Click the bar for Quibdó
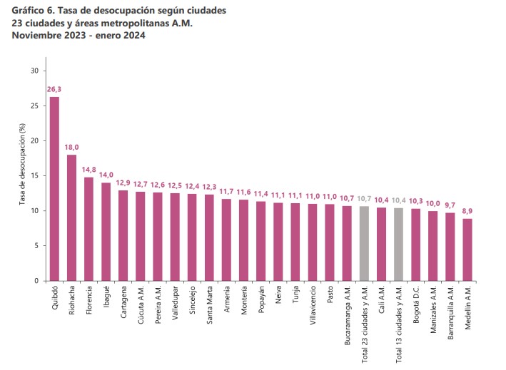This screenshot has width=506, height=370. tap(54, 189)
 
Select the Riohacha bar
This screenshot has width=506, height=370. tap(71, 217)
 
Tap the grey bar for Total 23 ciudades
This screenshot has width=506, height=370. tap(364, 243)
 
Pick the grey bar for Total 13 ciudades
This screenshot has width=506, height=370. tap(398, 245)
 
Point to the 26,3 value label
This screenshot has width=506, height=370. tap(54, 89)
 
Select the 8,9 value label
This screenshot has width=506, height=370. tap(467, 211)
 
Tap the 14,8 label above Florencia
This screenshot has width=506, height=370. tap(88, 170)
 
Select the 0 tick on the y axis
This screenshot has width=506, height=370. tap(36, 281)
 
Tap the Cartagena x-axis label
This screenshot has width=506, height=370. tap(123, 302)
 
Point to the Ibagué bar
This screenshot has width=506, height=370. tap(106, 232)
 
